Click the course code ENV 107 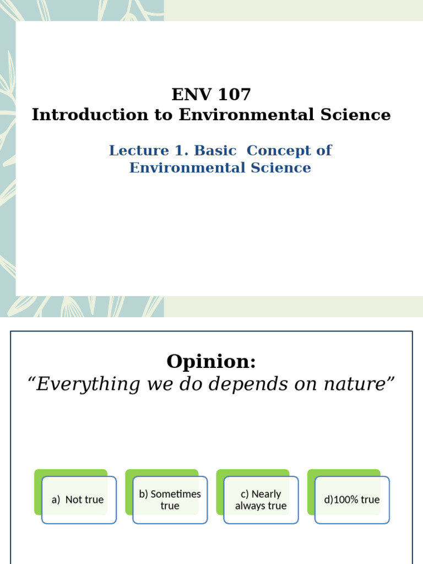[211, 95]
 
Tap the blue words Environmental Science [220, 167]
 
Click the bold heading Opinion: [211, 361]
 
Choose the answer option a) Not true [78, 500]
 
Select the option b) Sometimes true [170, 500]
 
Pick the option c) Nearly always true [261, 500]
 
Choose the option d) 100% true [352, 500]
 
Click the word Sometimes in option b [176, 494]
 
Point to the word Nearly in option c [266, 494]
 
